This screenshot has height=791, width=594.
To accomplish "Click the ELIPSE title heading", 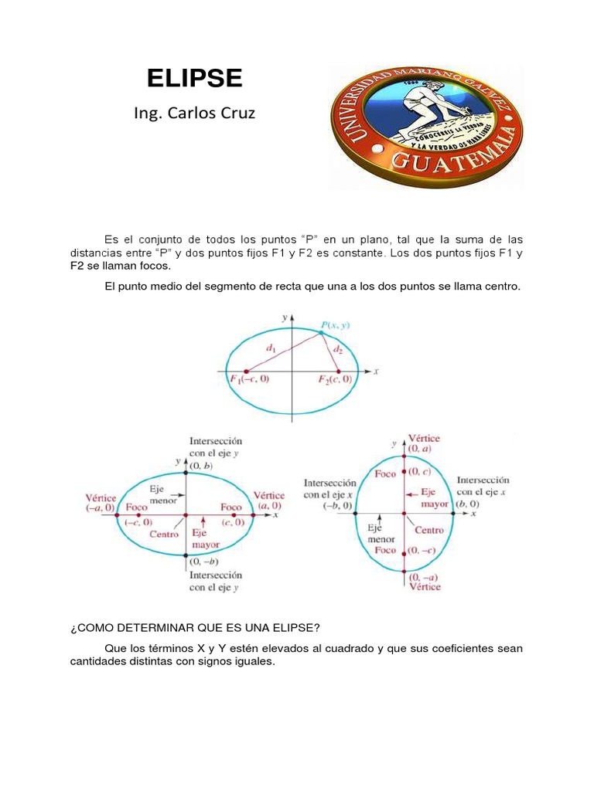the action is [x=195, y=78].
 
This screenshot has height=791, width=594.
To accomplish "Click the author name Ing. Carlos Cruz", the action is [x=193, y=114].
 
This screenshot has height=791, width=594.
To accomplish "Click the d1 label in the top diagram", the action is [x=271, y=349].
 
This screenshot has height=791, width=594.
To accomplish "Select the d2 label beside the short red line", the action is [x=337, y=350].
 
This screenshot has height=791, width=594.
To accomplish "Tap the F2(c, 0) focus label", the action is [x=336, y=379].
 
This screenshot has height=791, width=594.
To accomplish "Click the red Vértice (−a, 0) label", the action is [x=100, y=501].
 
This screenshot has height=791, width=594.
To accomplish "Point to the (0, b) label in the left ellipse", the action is [x=200, y=466].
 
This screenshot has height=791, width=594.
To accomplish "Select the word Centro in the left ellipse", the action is [x=164, y=534].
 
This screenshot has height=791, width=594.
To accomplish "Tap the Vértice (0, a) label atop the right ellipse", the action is [x=424, y=443].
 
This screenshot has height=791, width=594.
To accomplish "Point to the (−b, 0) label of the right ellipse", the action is [x=337, y=506].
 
